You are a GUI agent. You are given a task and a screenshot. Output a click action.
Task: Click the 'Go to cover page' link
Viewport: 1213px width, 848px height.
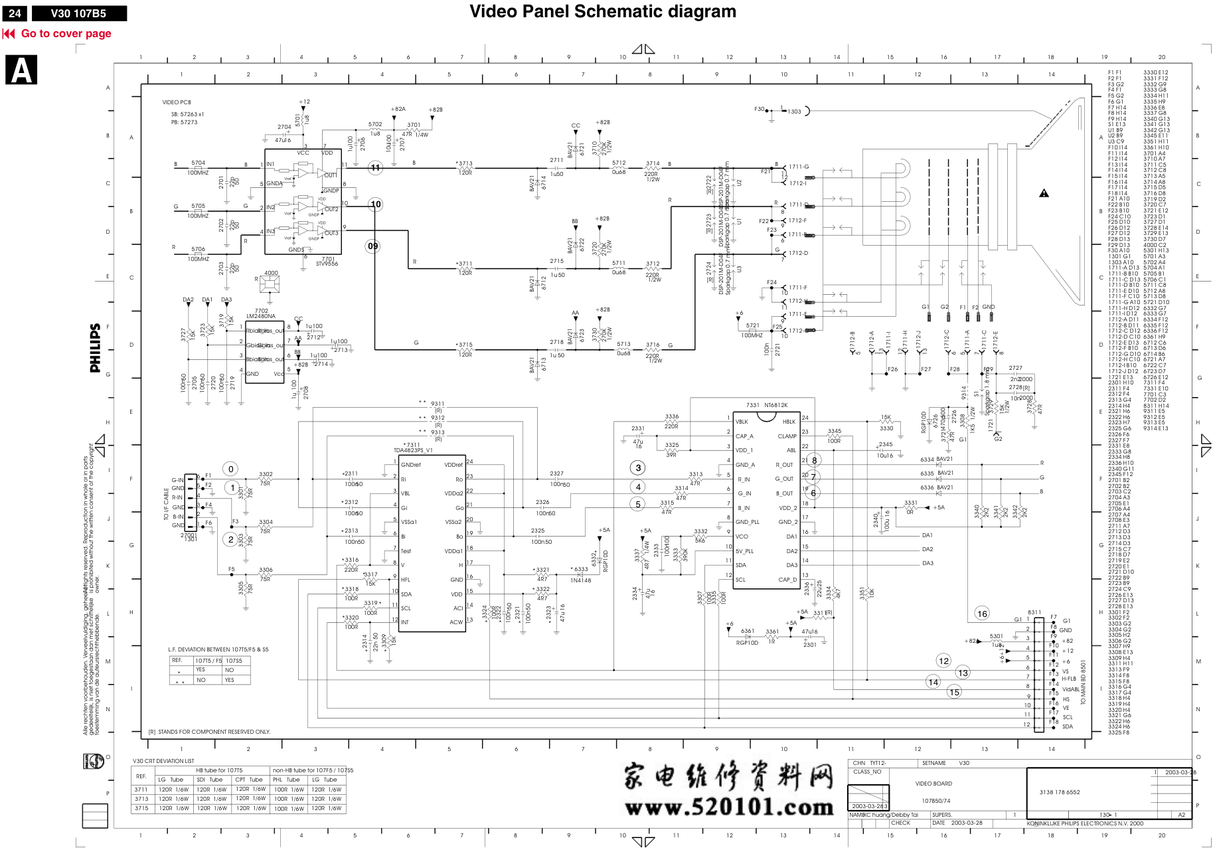pos(66,34)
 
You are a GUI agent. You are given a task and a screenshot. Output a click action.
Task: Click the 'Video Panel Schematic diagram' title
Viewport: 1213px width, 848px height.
pos(602,11)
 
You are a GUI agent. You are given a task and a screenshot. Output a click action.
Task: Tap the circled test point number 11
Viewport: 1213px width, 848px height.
pos(376,168)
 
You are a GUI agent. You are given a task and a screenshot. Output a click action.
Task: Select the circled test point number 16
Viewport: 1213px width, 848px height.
pos(982,614)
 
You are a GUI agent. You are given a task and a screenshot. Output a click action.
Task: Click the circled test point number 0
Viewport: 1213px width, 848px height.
pos(230,469)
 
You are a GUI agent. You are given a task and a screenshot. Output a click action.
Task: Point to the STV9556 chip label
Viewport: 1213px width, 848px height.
pos(327,264)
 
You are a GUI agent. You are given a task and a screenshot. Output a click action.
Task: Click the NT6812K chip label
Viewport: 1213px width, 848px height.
pos(775,405)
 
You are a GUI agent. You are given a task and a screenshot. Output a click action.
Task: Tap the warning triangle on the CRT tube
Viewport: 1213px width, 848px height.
pos(1044,193)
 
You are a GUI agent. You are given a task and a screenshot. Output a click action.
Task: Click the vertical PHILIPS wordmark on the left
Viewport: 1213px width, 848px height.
pos(96,348)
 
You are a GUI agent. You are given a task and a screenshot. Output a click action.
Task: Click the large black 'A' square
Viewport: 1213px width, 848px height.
pos(21,70)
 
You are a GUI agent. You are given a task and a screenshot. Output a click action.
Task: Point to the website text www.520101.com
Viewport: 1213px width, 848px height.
pos(728,807)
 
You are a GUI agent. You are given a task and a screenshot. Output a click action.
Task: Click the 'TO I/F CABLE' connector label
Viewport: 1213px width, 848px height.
pos(167,504)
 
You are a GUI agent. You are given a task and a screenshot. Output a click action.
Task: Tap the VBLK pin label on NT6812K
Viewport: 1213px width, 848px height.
pos(742,422)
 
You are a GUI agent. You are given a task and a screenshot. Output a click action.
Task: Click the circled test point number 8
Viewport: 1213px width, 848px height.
pos(814,460)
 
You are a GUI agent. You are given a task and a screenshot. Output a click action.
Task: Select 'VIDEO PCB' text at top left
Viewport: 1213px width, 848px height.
pos(177,102)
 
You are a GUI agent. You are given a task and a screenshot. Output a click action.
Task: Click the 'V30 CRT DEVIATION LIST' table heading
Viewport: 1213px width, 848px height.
pos(163,761)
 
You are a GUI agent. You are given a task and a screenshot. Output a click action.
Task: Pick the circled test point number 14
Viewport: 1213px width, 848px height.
pos(933,682)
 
